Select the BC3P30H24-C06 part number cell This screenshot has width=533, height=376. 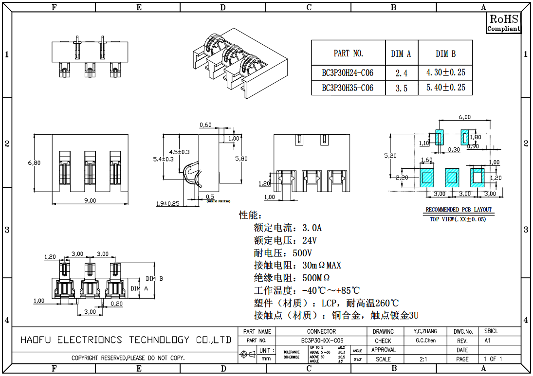click(x=348, y=73)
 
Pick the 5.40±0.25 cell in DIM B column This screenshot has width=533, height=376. click(x=445, y=88)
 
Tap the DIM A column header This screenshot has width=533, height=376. click(x=401, y=54)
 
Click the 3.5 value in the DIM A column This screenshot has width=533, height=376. click(x=401, y=88)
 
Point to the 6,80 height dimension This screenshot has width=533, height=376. click(x=34, y=163)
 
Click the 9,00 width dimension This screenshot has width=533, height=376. click(x=90, y=200)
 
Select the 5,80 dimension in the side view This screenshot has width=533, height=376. click(x=241, y=159)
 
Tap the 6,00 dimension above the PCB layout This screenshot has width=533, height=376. click(x=465, y=117)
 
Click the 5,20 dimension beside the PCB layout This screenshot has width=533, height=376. click(x=390, y=156)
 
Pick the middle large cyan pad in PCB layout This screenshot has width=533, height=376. click(x=451, y=177)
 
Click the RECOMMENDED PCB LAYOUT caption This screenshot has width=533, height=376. click(x=459, y=210)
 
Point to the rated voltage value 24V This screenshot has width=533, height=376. click(x=310, y=240)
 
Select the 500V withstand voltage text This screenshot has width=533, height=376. click(x=302, y=253)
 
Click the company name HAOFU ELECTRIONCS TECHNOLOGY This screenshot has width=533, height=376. click(x=126, y=340)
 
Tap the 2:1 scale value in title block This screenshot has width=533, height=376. click(x=423, y=359)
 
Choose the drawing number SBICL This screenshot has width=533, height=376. click(x=491, y=331)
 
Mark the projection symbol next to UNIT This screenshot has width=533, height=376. click(x=248, y=355)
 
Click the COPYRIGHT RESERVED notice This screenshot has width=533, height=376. click(x=128, y=358)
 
